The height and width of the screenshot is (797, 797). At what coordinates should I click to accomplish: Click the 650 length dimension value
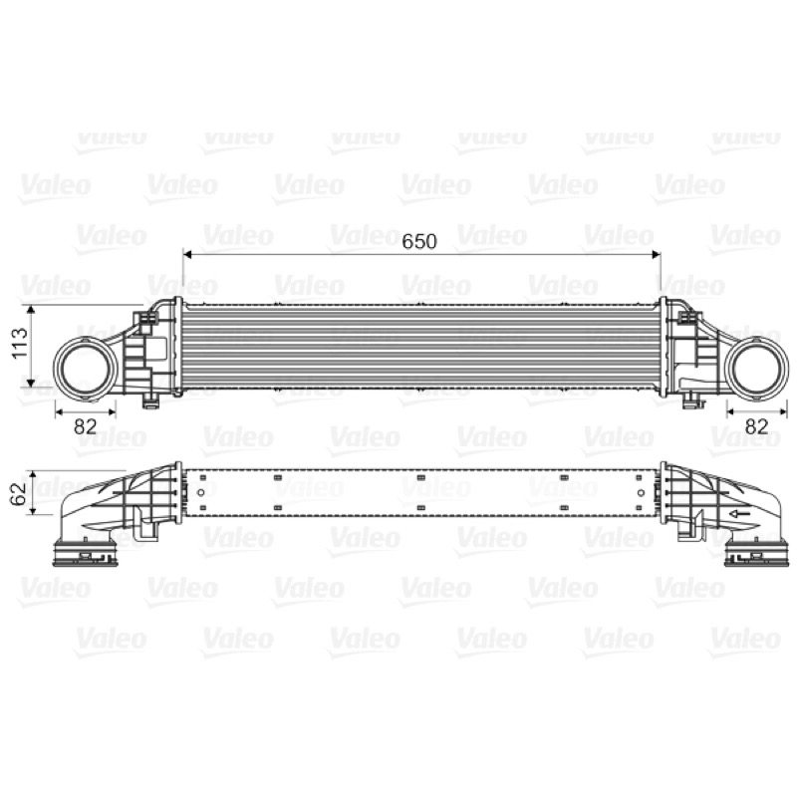point(419,241)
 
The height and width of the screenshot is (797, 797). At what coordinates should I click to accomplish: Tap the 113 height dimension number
point(19,343)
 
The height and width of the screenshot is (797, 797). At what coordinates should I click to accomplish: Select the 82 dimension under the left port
point(85,426)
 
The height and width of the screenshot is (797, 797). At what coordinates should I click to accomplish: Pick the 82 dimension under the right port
point(756,426)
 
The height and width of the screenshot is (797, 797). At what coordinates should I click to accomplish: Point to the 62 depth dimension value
point(19,493)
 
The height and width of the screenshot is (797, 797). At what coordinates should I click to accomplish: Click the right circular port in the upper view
point(757,369)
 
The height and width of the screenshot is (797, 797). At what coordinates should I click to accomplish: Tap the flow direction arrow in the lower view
point(740,514)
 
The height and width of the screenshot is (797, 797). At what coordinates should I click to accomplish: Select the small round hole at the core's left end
point(201,492)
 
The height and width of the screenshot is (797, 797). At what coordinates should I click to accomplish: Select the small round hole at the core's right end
point(641,492)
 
